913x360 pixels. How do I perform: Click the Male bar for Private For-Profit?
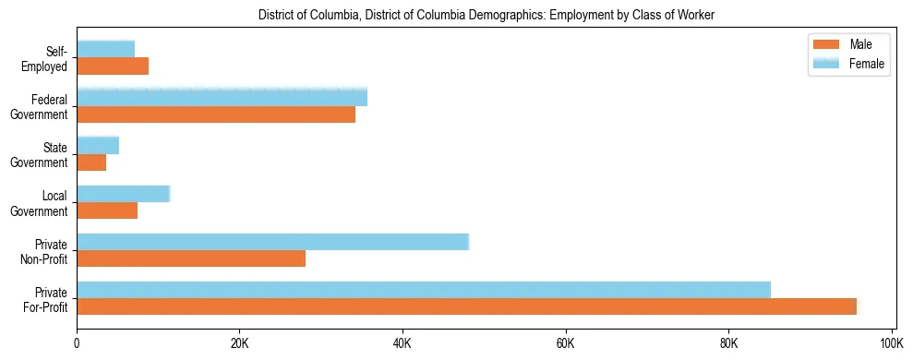466,306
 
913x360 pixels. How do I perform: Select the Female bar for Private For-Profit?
424,290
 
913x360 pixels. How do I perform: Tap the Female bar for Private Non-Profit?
273,242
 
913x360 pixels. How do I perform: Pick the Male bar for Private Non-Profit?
191,258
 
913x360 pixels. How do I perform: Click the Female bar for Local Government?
124,194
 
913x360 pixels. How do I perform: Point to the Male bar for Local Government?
107,210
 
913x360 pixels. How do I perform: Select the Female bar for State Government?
98,146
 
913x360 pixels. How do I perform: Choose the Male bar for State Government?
91,162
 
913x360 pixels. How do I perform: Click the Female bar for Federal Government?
222,97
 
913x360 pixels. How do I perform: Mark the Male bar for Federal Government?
216,114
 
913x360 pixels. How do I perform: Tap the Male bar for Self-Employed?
113,66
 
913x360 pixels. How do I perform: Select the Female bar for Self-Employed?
106,49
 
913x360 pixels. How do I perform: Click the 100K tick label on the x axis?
891,342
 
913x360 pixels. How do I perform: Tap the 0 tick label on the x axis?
77,342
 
